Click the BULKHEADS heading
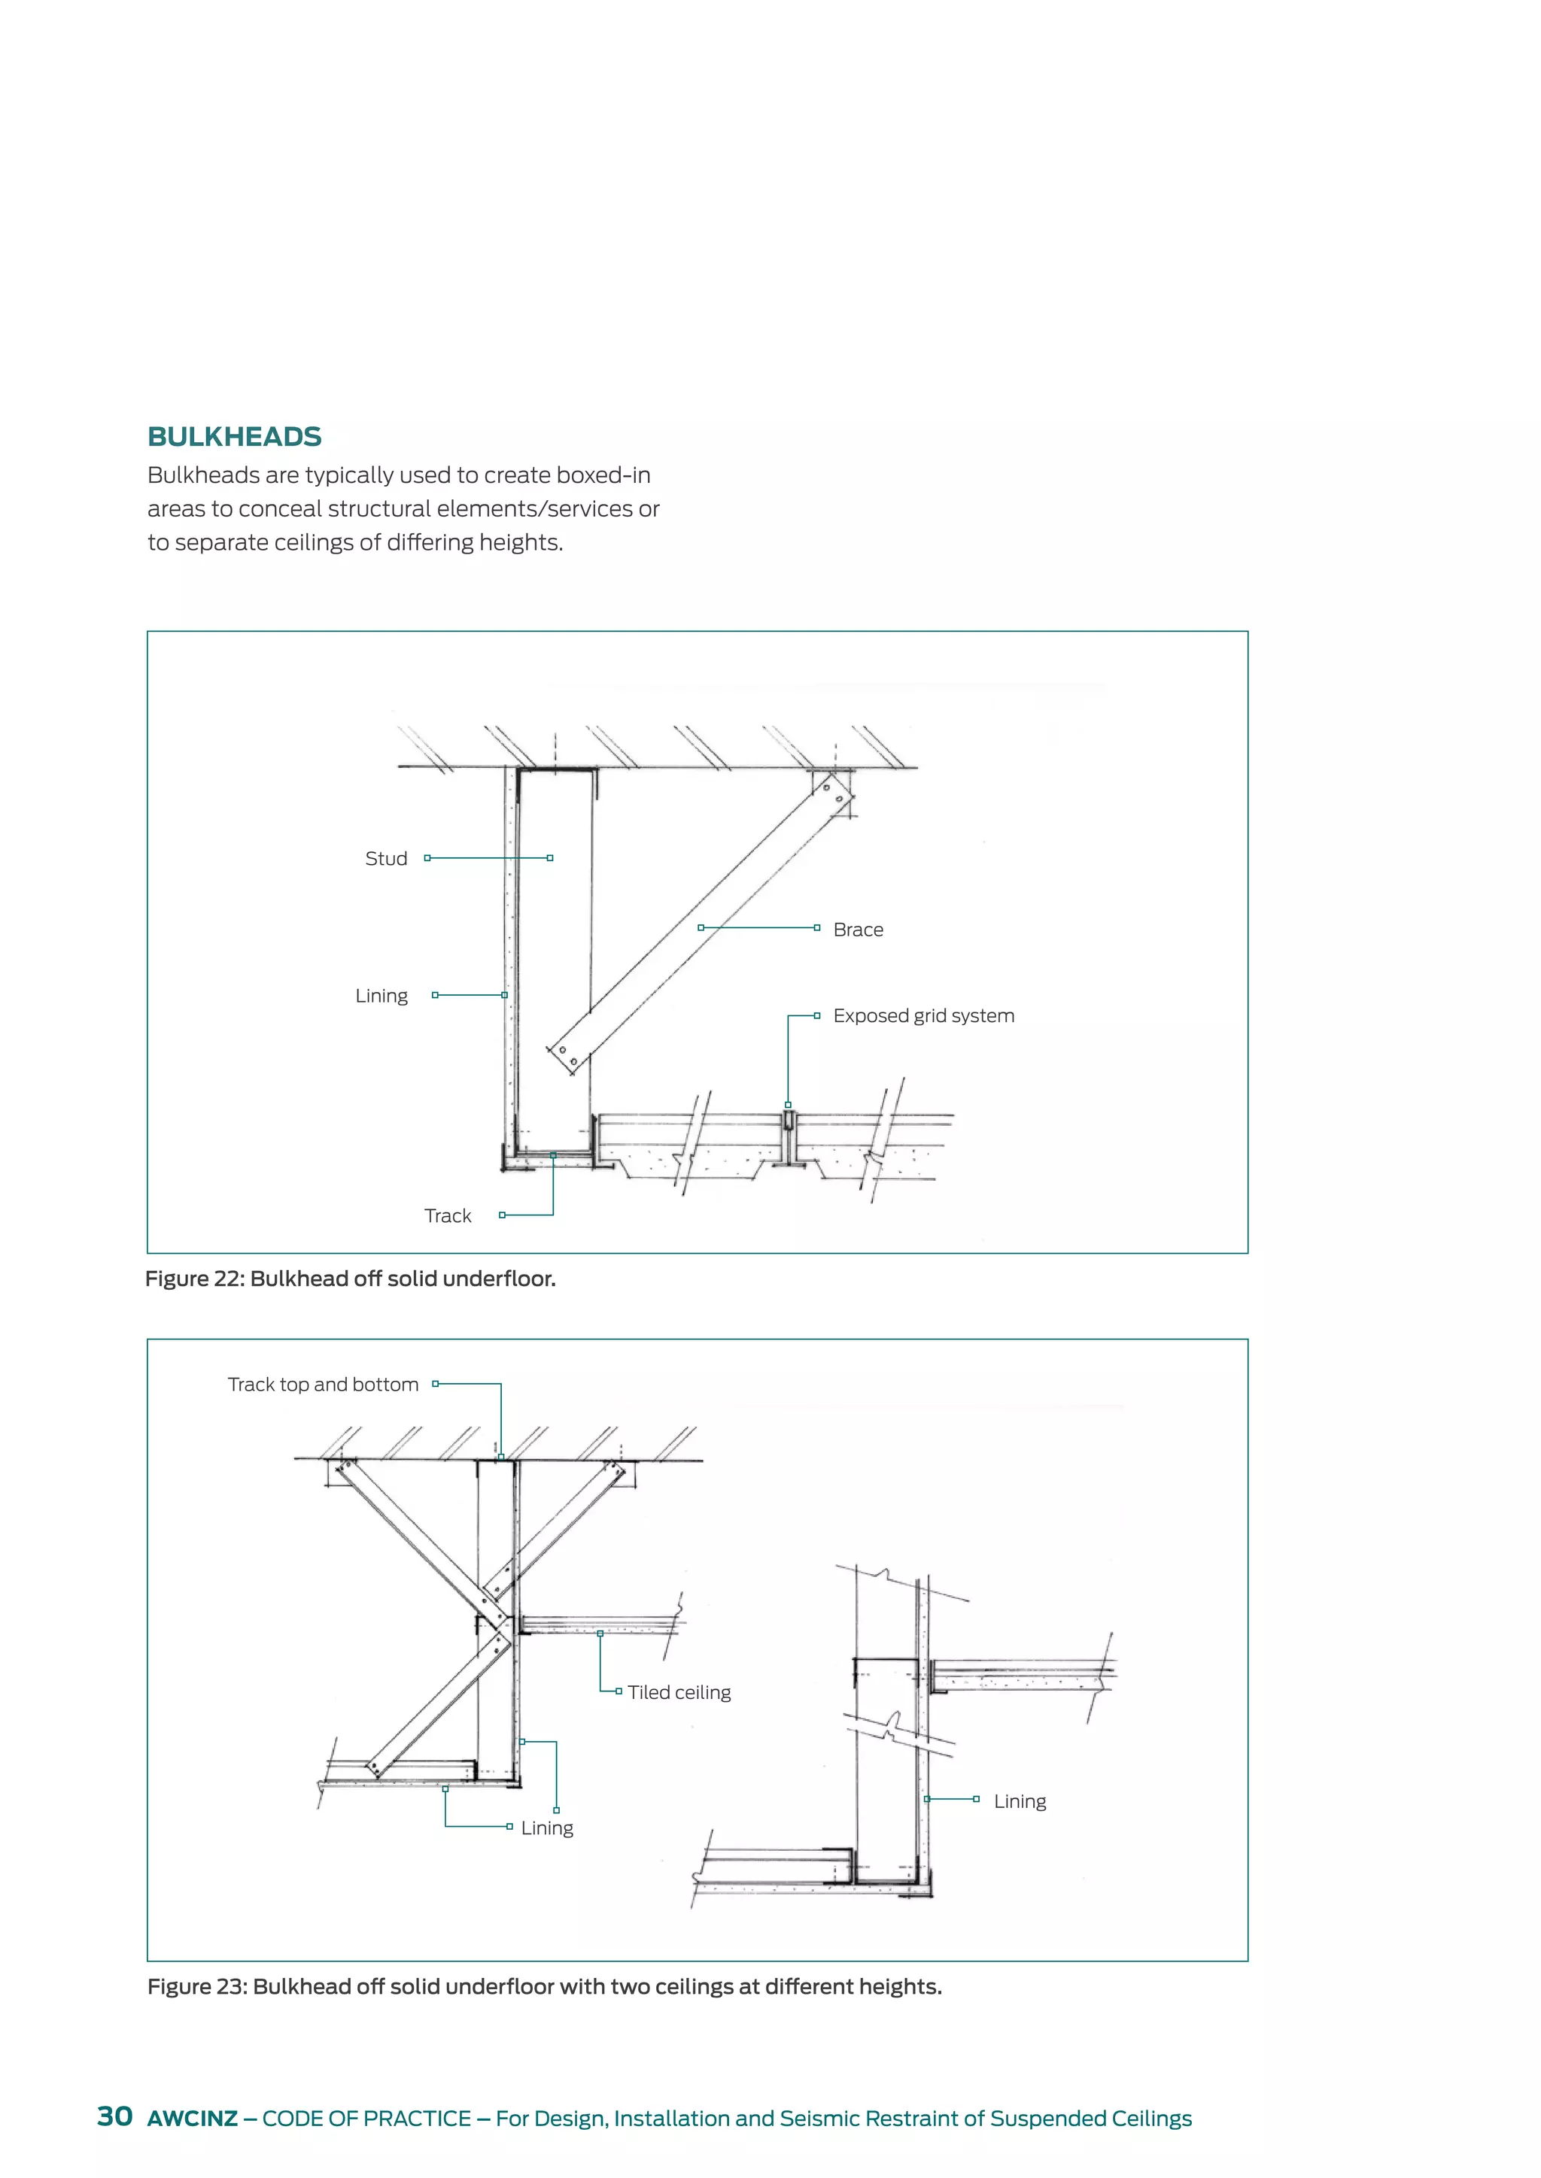(x=234, y=436)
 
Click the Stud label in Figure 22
(x=386, y=858)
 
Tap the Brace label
(x=858, y=930)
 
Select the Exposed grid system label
(x=923, y=1016)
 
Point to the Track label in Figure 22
(x=447, y=1216)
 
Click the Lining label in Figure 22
(x=381, y=996)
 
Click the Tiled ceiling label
(x=679, y=1692)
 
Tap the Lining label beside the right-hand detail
(x=1020, y=1801)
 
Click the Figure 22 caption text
(x=350, y=1279)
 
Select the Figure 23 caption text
(x=545, y=1986)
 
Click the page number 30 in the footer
(x=115, y=2116)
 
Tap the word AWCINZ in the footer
(x=193, y=2119)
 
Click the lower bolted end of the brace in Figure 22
(x=567, y=1054)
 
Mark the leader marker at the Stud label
(x=428, y=857)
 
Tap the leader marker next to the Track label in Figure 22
(x=502, y=1215)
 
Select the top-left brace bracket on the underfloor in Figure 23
(x=342, y=1471)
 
